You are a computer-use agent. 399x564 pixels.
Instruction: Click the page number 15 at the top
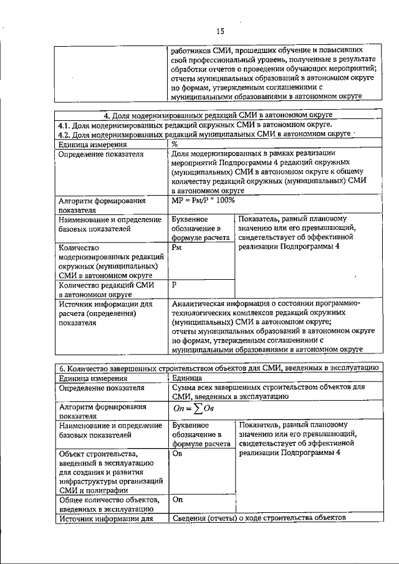[x=219, y=31]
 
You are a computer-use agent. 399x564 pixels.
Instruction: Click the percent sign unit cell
[x=175, y=143]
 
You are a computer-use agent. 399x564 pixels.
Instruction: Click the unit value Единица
[x=186, y=378]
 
